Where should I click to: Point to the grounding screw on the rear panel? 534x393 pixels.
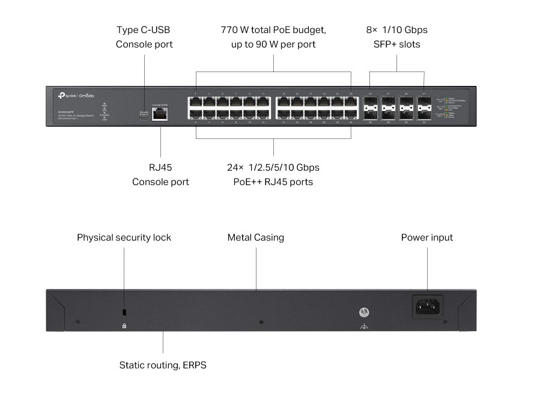click(x=363, y=313)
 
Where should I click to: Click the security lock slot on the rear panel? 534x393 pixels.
click(x=124, y=312)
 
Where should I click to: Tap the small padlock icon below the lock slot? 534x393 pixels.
click(x=124, y=326)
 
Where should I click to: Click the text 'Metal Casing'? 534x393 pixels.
click(x=255, y=237)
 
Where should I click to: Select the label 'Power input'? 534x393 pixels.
click(x=426, y=237)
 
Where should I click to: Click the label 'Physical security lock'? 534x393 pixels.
click(x=124, y=237)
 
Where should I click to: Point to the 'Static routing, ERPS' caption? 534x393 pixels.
click(x=163, y=365)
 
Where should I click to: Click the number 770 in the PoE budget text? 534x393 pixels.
click(x=229, y=29)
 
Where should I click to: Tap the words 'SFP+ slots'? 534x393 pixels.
click(x=396, y=44)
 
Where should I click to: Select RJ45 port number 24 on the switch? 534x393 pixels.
click(x=351, y=114)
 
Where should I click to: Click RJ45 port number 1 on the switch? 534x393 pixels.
click(x=196, y=101)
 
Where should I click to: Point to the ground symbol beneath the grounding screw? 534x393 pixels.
click(x=363, y=327)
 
